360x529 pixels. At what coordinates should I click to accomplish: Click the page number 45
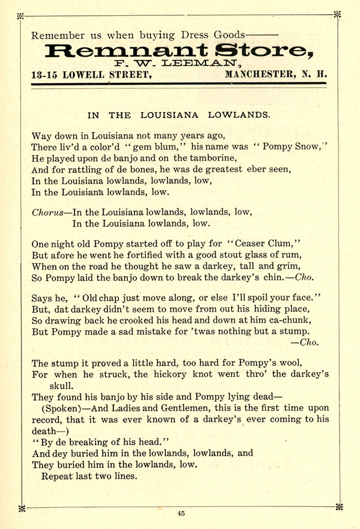pyautogui.click(x=181, y=514)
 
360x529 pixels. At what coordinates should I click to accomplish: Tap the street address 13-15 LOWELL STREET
pyautogui.click(x=91, y=75)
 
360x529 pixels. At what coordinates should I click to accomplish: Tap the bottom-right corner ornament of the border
pyautogui.click(x=338, y=506)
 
